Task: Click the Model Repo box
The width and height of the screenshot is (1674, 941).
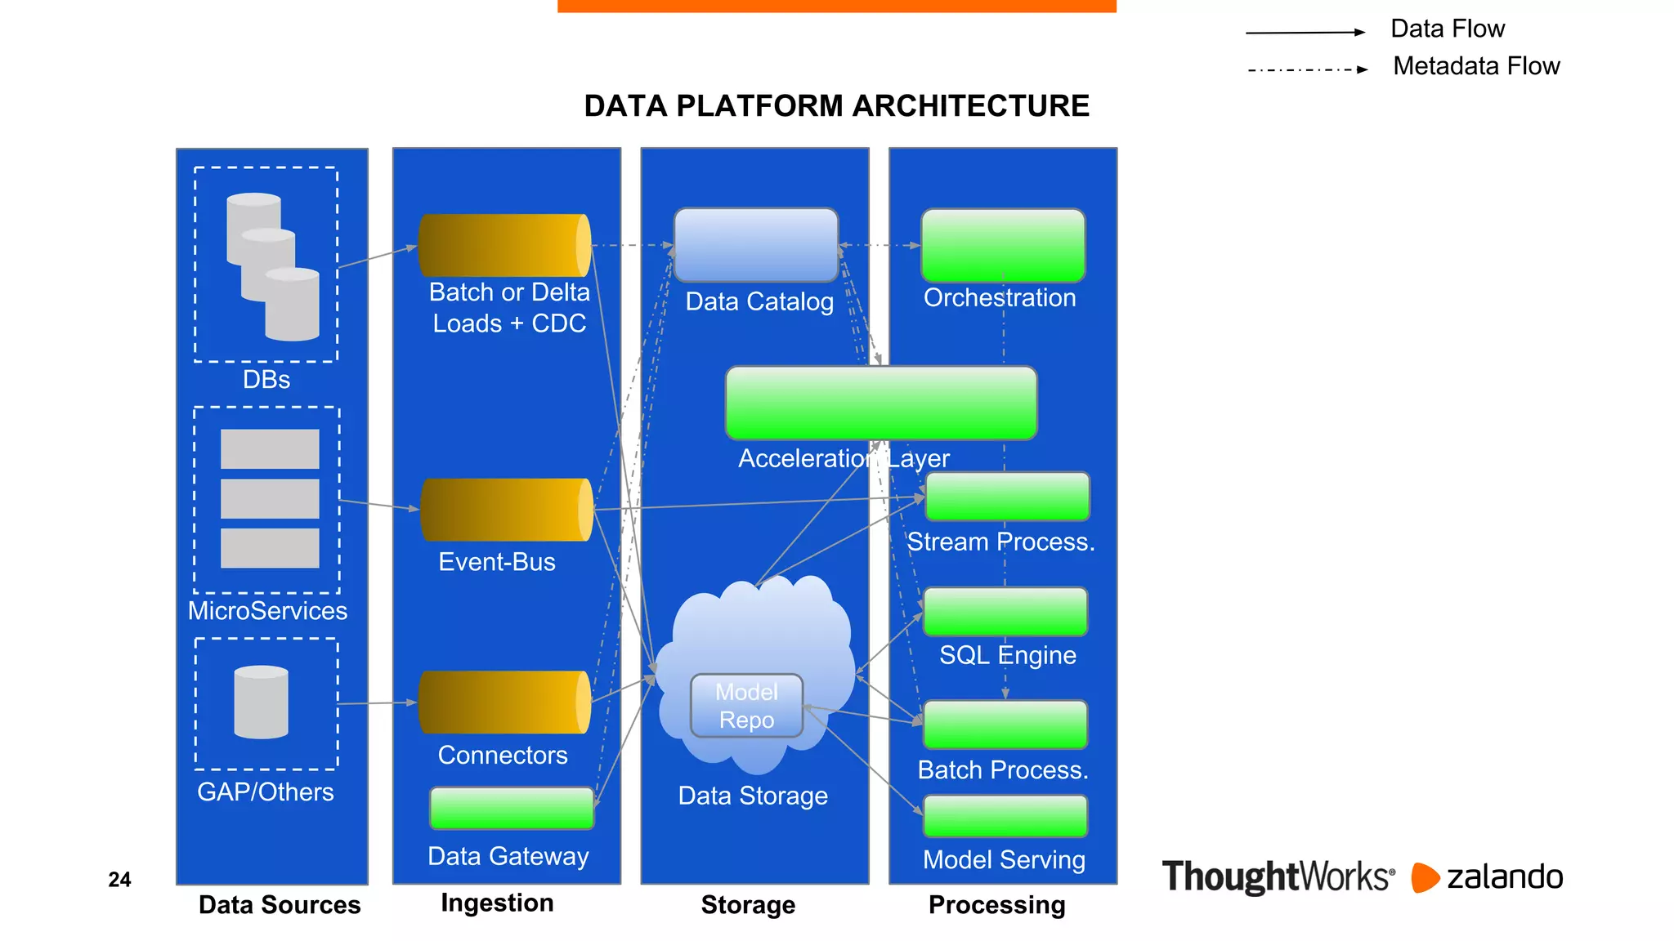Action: click(x=746, y=706)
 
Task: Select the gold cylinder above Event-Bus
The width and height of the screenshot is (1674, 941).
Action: click(x=506, y=510)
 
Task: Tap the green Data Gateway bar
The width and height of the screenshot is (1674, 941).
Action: click(x=512, y=808)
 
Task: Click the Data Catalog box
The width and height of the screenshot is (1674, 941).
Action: click(x=756, y=245)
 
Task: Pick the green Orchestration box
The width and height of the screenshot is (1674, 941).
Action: click(x=1003, y=245)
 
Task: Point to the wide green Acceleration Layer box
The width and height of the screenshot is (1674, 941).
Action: click(x=881, y=403)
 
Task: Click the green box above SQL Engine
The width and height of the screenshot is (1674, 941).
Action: click(x=1005, y=611)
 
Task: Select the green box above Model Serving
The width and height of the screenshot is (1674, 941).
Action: click(x=1005, y=816)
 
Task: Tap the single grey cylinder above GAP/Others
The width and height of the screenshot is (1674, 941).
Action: click(x=261, y=702)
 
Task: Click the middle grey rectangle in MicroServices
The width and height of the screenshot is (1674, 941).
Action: click(x=270, y=498)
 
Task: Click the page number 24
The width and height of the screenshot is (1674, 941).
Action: click(x=119, y=880)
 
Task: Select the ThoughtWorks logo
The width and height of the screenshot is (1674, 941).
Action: click(x=1278, y=876)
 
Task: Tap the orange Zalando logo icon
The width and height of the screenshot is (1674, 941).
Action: click(x=1425, y=877)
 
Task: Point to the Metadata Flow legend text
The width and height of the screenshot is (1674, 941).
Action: click(x=1476, y=66)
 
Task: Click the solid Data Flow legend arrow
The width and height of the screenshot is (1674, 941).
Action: click(x=1305, y=33)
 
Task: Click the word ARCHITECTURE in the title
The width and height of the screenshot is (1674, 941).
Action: click(x=971, y=106)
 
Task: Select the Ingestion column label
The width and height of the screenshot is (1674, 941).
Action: click(x=497, y=903)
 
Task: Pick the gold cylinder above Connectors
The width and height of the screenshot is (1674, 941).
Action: click(x=504, y=702)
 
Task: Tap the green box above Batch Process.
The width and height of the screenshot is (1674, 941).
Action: click(x=1005, y=725)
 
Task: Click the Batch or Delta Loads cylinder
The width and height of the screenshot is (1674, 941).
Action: click(x=504, y=245)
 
